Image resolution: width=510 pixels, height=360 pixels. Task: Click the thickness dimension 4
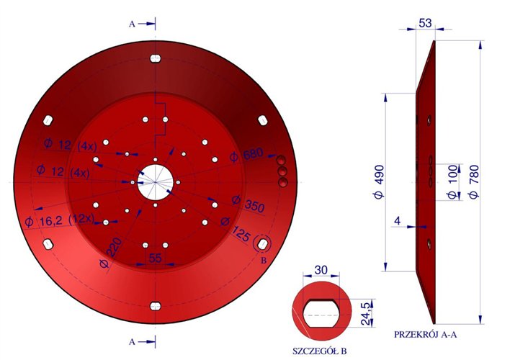(x=396, y=222)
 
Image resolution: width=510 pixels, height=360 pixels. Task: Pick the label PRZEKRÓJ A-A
(x=427, y=335)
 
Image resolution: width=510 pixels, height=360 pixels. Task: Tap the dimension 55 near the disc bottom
(x=155, y=258)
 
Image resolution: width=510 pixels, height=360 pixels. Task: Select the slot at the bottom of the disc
(x=154, y=307)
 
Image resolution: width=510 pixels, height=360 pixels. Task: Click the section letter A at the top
(x=131, y=24)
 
